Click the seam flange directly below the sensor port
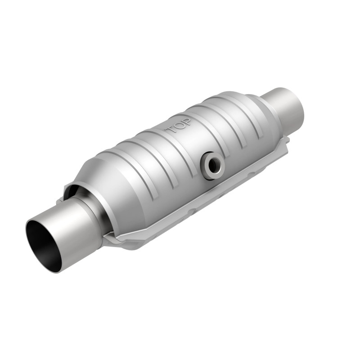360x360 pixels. click(211, 193)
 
